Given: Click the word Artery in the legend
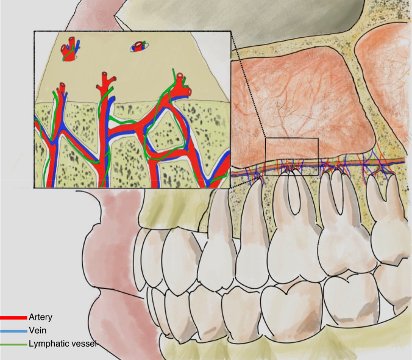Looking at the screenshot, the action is [x=40, y=318].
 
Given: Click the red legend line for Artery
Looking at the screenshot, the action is [x=13, y=318].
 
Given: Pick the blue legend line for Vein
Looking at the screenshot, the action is [x=13, y=330].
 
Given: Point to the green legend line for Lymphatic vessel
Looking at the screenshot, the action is [x=13, y=344].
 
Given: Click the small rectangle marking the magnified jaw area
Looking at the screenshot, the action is [x=292, y=157].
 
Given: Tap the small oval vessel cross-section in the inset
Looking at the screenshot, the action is [x=139, y=46].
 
